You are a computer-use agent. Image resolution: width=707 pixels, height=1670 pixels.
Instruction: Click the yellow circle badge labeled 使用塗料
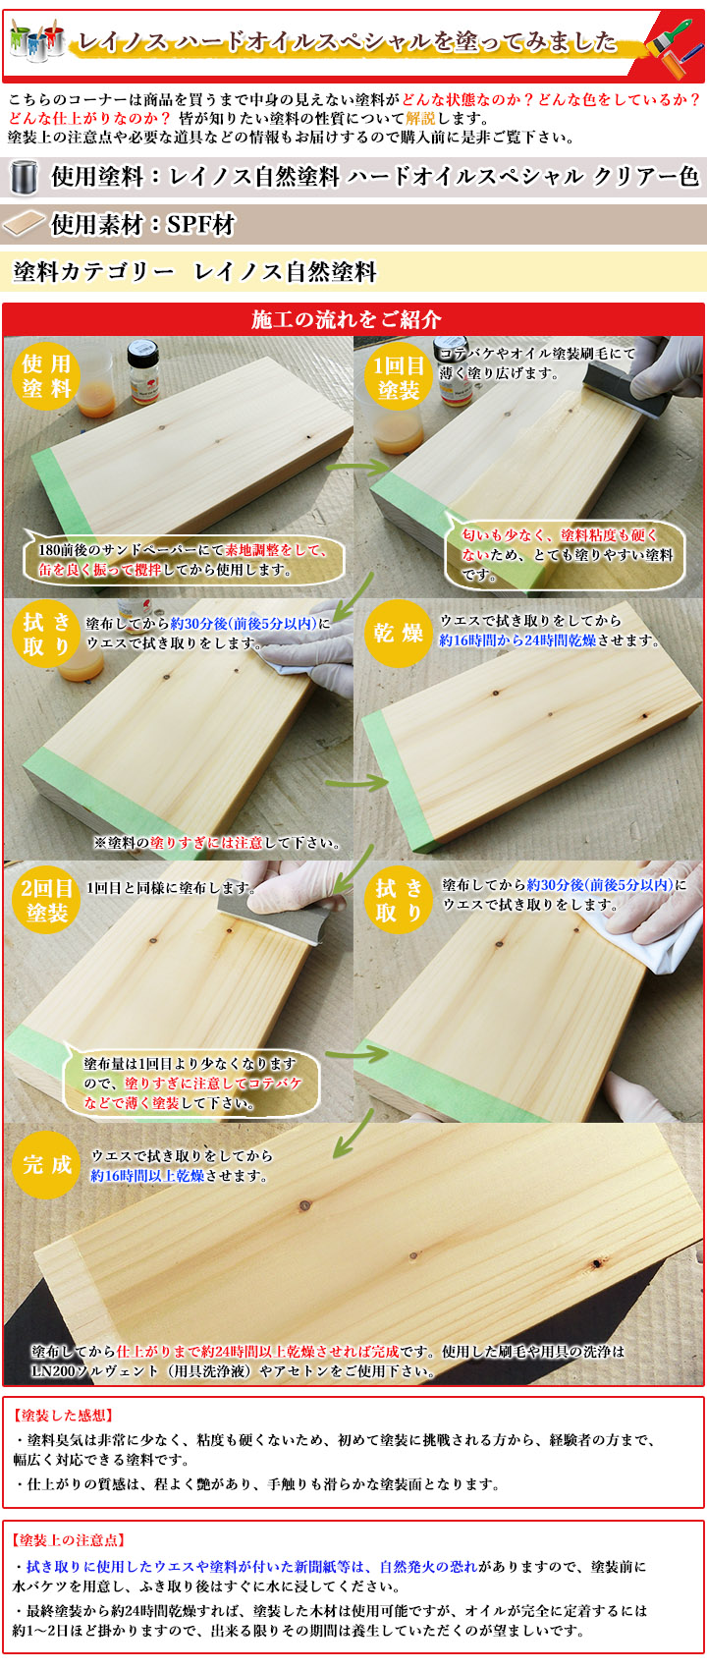(x=46, y=376)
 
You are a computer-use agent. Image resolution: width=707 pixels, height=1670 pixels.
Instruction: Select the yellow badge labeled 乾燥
(x=398, y=634)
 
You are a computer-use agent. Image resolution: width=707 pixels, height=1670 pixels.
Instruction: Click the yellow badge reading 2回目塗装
(x=46, y=901)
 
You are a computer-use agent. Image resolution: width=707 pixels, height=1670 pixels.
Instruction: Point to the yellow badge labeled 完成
(x=46, y=1165)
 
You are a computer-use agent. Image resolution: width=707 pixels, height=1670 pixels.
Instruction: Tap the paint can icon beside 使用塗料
(x=23, y=177)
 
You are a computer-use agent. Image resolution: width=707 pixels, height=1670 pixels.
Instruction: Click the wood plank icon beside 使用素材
(x=25, y=225)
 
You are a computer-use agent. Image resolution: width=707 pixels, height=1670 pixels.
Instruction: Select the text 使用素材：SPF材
(x=143, y=225)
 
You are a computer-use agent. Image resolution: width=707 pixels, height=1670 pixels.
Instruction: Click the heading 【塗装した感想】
(x=65, y=1416)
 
